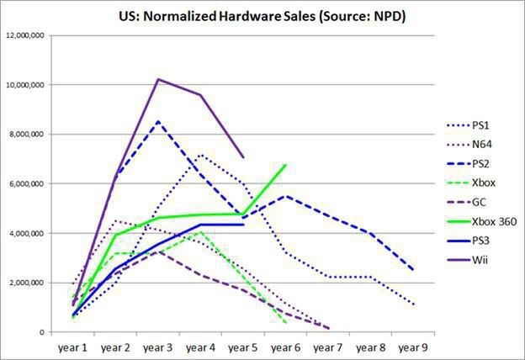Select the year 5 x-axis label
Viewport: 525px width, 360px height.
coord(243,345)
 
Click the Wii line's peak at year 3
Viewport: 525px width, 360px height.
coord(158,79)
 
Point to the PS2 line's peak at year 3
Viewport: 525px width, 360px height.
coord(158,121)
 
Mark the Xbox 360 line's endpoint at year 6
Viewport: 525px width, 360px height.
coord(286,165)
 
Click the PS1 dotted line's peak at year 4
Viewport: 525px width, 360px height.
coord(200,155)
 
